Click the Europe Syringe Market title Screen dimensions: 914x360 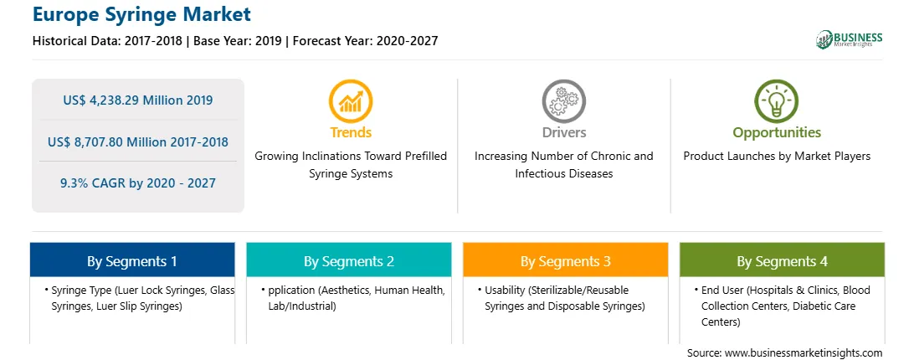[141, 14]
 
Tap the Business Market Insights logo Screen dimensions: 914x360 [849, 39]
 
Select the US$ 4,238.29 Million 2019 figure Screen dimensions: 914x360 [138, 100]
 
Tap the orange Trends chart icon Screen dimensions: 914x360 [351, 101]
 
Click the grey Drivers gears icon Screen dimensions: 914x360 [563, 101]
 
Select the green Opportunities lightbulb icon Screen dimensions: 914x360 [777, 101]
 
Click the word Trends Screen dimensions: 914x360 [351, 132]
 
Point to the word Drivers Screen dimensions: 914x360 [563, 132]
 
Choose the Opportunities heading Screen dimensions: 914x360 [777, 133]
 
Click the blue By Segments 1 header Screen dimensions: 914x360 [132, 261]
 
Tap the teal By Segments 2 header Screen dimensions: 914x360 [348, 261]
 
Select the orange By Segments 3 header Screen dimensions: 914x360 [566, 261]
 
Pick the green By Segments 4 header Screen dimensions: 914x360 [783, 261]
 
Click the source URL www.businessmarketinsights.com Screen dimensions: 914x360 [804, 353]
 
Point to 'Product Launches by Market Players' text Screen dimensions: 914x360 [777, 157]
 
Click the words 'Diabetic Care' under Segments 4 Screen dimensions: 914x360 [824, 306]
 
